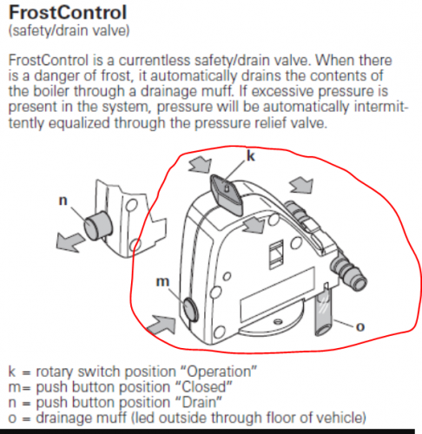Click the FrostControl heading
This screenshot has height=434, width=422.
click(68, 13)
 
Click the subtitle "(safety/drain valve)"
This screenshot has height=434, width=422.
click(69, 30)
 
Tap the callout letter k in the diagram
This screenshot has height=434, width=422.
click(251, 155)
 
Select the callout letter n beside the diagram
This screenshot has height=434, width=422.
click(63, 201)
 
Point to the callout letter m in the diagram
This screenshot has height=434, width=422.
click(162, 281)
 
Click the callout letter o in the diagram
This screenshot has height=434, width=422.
click(359, 327)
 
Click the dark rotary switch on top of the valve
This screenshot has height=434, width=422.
click(227, 194)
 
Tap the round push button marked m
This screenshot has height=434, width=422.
click(191, 310)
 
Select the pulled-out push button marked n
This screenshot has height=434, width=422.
click(98, 226)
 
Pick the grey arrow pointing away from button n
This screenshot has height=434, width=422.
click(69, 241)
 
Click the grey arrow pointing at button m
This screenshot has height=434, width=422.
click(161, 325)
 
